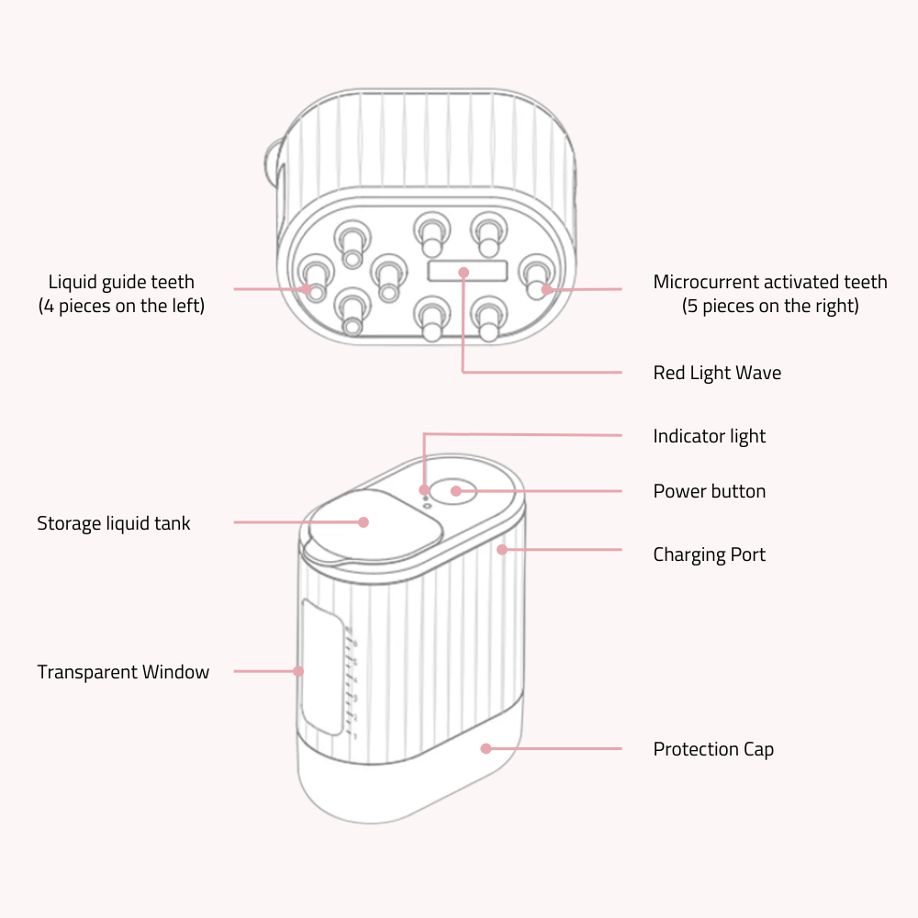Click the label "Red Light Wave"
tap(717, 373)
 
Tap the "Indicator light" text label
tap(709, 436)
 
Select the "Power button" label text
tap(709, 491)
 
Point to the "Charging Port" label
tap(709, 554)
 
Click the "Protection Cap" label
tap(713, 749)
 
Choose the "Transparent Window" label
tap(123, 672)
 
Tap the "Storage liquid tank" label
tap(114, 523)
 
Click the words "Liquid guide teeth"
tap(121, 282)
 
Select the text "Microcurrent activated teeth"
tap(770, 282)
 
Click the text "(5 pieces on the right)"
tap(770, 306)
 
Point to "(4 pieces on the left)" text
tap(121, 306)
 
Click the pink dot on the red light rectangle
tap(464, 273)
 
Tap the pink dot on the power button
tap(456, 491)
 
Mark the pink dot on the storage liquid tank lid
tap(364, 522)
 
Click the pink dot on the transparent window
tap(298, 671)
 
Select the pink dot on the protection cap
tap(486, 748)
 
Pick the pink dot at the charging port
tap(502, 550)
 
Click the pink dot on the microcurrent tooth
tap(546, 289)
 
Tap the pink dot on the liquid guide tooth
tap(308, 289)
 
